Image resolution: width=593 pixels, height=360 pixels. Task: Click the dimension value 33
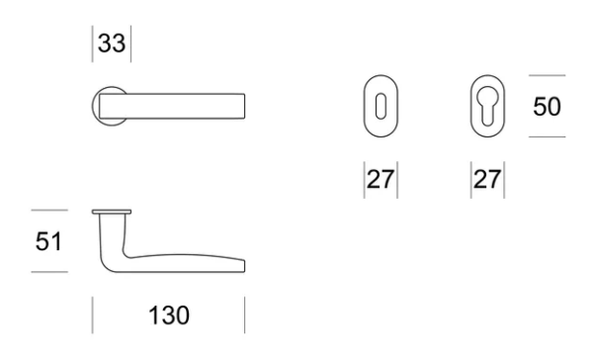112,44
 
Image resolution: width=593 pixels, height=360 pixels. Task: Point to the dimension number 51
48,241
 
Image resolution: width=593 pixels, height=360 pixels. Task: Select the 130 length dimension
169,315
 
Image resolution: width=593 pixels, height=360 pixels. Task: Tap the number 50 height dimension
547,107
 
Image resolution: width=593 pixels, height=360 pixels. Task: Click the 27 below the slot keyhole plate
381,179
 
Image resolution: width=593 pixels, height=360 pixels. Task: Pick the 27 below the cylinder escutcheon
487,179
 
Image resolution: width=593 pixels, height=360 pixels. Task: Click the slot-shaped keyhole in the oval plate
381,107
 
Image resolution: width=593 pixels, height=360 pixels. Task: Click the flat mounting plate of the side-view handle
112,212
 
